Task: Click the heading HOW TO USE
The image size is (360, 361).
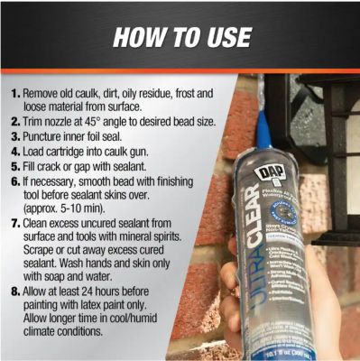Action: point(180,39)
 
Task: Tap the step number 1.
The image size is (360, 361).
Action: point(15,93)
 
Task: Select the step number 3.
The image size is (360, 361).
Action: point(15,134)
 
